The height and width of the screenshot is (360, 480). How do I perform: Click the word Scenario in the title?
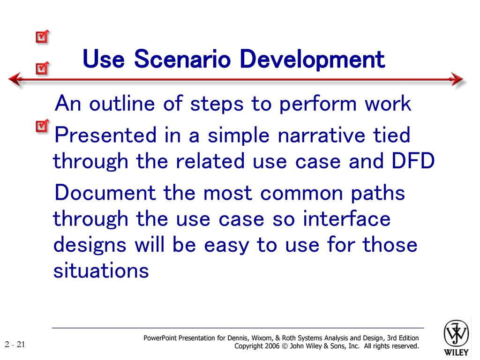(x=182, y=59)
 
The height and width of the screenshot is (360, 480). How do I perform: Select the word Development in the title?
(x=312, y=60)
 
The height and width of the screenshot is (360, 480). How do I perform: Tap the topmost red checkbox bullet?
(x=42, y=37)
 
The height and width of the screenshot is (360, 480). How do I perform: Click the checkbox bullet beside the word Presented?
(x=42, y=126)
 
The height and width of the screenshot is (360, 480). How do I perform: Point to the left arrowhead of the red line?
(x=15, y=79)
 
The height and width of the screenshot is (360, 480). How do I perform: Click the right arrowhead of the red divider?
(x=457, y=79)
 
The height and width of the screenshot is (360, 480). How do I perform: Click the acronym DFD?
(x=413, y=161)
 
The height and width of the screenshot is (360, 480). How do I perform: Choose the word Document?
(x=105, y=193)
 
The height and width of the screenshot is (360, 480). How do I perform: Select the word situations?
(x=101, y=270)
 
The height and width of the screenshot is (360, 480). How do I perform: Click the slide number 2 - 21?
(x=15, y=345)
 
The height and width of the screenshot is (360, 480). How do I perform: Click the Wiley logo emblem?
(x=456, y=334)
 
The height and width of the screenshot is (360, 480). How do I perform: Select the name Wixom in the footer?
(x=262, y=338)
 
